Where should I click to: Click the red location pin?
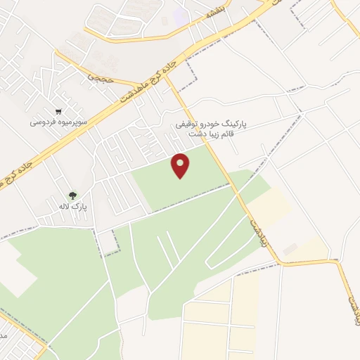click(181, 165)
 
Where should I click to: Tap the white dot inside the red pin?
click(181, 162)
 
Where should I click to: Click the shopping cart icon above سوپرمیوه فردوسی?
click(59, 111)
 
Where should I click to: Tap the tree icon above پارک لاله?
click(72, 195)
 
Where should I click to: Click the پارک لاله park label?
click(72, 207)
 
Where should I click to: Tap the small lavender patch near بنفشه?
click(181, 15)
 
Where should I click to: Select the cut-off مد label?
click(4, 336)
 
